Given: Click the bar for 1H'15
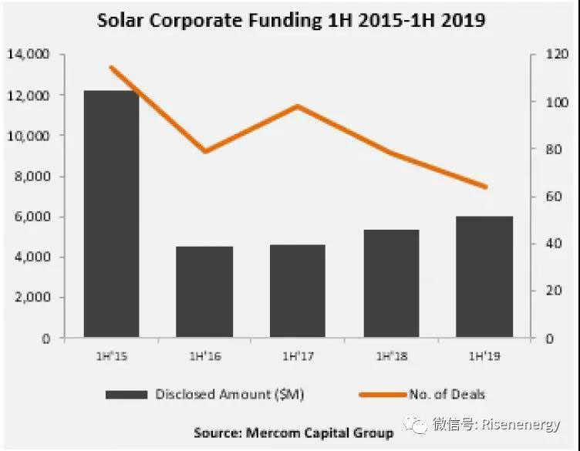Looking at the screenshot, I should [x=111, y=214].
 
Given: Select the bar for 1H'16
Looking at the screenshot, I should [x=204, y=292].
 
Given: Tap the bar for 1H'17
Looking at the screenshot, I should [x=298, y=291].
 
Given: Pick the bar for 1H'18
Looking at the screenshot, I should [x=391, y=284].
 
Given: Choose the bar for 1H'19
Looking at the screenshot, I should [x=484, y=277].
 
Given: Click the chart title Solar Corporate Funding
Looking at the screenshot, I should [x=291, y=21].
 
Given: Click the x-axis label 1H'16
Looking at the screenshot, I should [x=204, y=357].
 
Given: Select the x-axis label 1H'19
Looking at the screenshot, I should [x=484, y=357].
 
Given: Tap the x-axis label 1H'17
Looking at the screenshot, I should [x=298, y=357].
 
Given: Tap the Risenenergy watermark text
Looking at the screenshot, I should [x=532, y=425].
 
